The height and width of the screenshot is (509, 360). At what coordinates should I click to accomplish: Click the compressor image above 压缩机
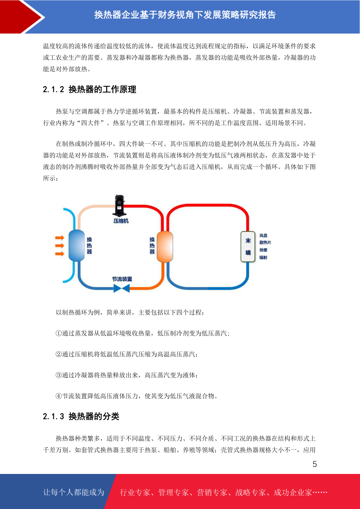[x=119, y=206]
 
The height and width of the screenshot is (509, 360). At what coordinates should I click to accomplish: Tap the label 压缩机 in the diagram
[x=121, y=221]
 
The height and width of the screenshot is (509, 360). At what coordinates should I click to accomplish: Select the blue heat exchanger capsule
[x=76, y=245]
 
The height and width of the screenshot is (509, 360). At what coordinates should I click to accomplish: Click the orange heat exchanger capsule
[x=165, y=247]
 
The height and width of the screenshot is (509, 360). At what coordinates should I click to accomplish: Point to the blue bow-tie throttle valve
[x=122, y=288]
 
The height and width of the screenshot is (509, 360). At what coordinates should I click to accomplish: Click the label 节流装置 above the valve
[x=122, y=279]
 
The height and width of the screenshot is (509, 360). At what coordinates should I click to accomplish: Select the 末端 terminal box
[x=248, y=247]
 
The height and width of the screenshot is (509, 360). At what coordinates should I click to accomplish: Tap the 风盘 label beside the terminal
[x=263, y=236]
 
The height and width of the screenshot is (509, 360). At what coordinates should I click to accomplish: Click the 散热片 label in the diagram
[x=265, y=242]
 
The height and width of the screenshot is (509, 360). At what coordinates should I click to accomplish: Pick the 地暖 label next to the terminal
[x=263, y=250]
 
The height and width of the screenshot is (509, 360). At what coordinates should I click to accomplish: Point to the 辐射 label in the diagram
[x=263, y=258]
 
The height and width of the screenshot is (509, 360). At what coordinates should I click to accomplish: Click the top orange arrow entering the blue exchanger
[x=60, y=238]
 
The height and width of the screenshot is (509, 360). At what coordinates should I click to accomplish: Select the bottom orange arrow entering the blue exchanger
[x=60, y=254]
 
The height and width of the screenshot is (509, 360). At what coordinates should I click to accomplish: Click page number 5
[x=315, y=464]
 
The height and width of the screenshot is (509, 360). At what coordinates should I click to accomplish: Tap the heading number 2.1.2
[x=54, y=89]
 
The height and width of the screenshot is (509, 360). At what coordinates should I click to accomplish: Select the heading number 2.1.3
[x=54, y=416]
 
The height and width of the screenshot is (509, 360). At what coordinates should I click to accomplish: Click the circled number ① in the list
[x=59, y=333]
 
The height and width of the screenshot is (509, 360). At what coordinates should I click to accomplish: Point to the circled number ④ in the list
[x=59, y=396]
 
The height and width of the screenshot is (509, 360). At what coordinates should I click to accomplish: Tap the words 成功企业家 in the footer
[x=293, y=492]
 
